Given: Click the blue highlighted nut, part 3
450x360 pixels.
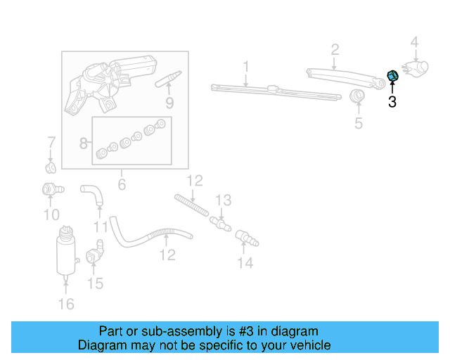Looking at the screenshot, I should [393, 76].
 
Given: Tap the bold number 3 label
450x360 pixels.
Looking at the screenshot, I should [392, 103].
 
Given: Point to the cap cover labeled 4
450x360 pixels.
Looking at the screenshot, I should [417, 67].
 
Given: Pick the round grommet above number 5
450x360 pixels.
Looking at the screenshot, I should [358, 96].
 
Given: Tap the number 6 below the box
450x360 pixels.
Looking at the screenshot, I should [121, 185].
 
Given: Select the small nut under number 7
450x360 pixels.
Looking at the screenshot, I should [51, 168].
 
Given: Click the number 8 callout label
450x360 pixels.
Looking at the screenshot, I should [84, 143].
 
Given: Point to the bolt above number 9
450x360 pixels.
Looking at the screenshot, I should [169, 77].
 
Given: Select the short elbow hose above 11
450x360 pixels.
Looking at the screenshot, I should [91, 193].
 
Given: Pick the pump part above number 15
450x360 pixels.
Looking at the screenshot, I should [95, 254].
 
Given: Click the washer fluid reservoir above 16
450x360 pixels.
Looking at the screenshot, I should [65, 252].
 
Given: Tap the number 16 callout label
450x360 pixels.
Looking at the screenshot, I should [65, 304].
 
